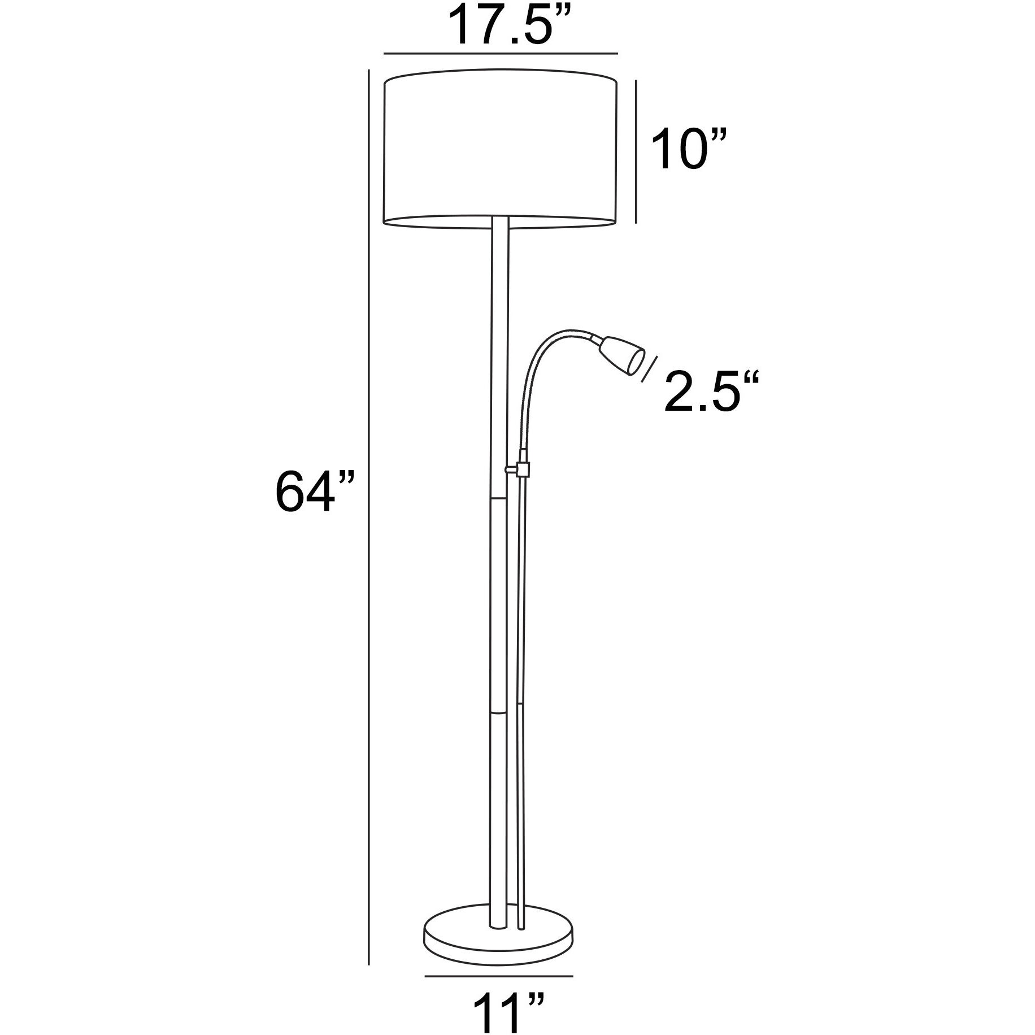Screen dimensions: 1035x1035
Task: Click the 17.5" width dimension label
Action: click(x=501, y=25)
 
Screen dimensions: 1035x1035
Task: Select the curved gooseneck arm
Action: click(x=540, y=362)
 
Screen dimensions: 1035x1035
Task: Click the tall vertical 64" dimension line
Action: click(x=368, y=508)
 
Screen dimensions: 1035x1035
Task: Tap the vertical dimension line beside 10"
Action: click(x=637, y=151)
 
